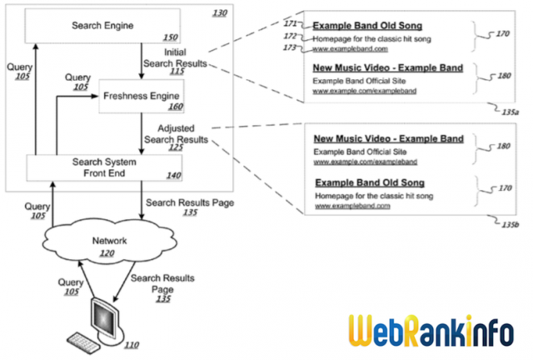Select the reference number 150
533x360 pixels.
click(170, 38)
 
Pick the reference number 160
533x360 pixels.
click(173, 107)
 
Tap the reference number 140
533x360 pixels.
click(171, 176)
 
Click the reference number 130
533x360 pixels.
click(219, 12)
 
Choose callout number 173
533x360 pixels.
click(290, 48)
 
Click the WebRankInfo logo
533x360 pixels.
click(436, 329)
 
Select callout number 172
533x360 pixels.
click(290, 37)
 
